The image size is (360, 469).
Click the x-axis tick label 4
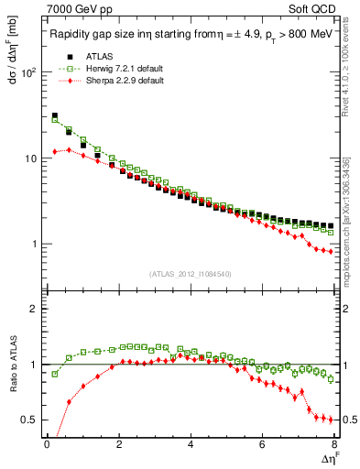point(191,445)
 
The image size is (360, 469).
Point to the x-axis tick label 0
point(47,445)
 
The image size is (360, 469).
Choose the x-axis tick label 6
point(262,445)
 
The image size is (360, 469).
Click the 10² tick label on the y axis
point(29,72)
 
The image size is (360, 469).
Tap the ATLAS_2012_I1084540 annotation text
point(190,274)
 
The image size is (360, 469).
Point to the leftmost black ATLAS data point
point(55,116)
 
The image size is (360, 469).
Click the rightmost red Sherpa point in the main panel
point(331,252)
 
